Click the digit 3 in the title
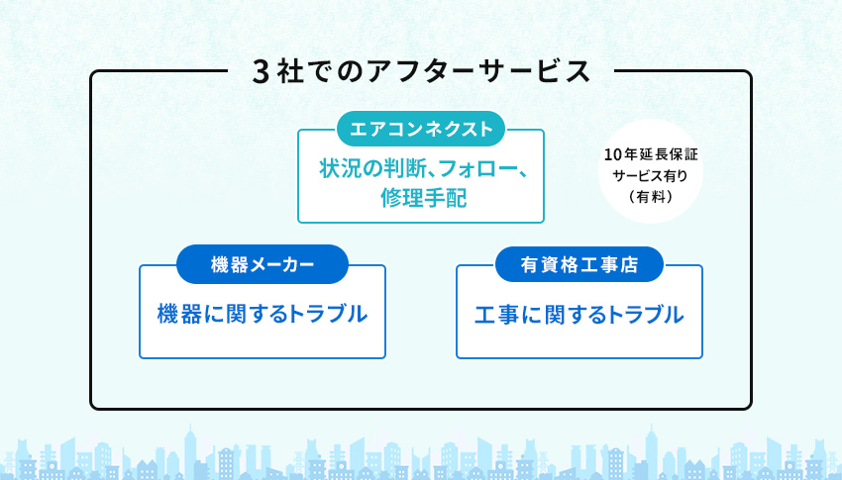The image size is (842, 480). coord(260,72)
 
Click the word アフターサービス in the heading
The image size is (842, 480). coord(478,72)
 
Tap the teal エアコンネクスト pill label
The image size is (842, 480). coord(421,129)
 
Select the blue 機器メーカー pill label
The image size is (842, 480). coord(263,264)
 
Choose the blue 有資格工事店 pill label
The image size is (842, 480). coord(579,264)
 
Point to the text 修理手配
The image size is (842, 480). coord(424,198)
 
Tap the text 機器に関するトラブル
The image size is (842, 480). coord(263,315)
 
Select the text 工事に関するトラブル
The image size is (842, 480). coord(579,315)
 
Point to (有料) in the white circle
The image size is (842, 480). coord(650,197)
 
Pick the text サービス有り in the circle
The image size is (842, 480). coord(650,176)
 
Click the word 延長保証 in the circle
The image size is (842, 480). coord(668,155)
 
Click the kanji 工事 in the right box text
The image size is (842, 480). coord(496,315)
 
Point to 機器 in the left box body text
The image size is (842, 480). coord(179,315)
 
